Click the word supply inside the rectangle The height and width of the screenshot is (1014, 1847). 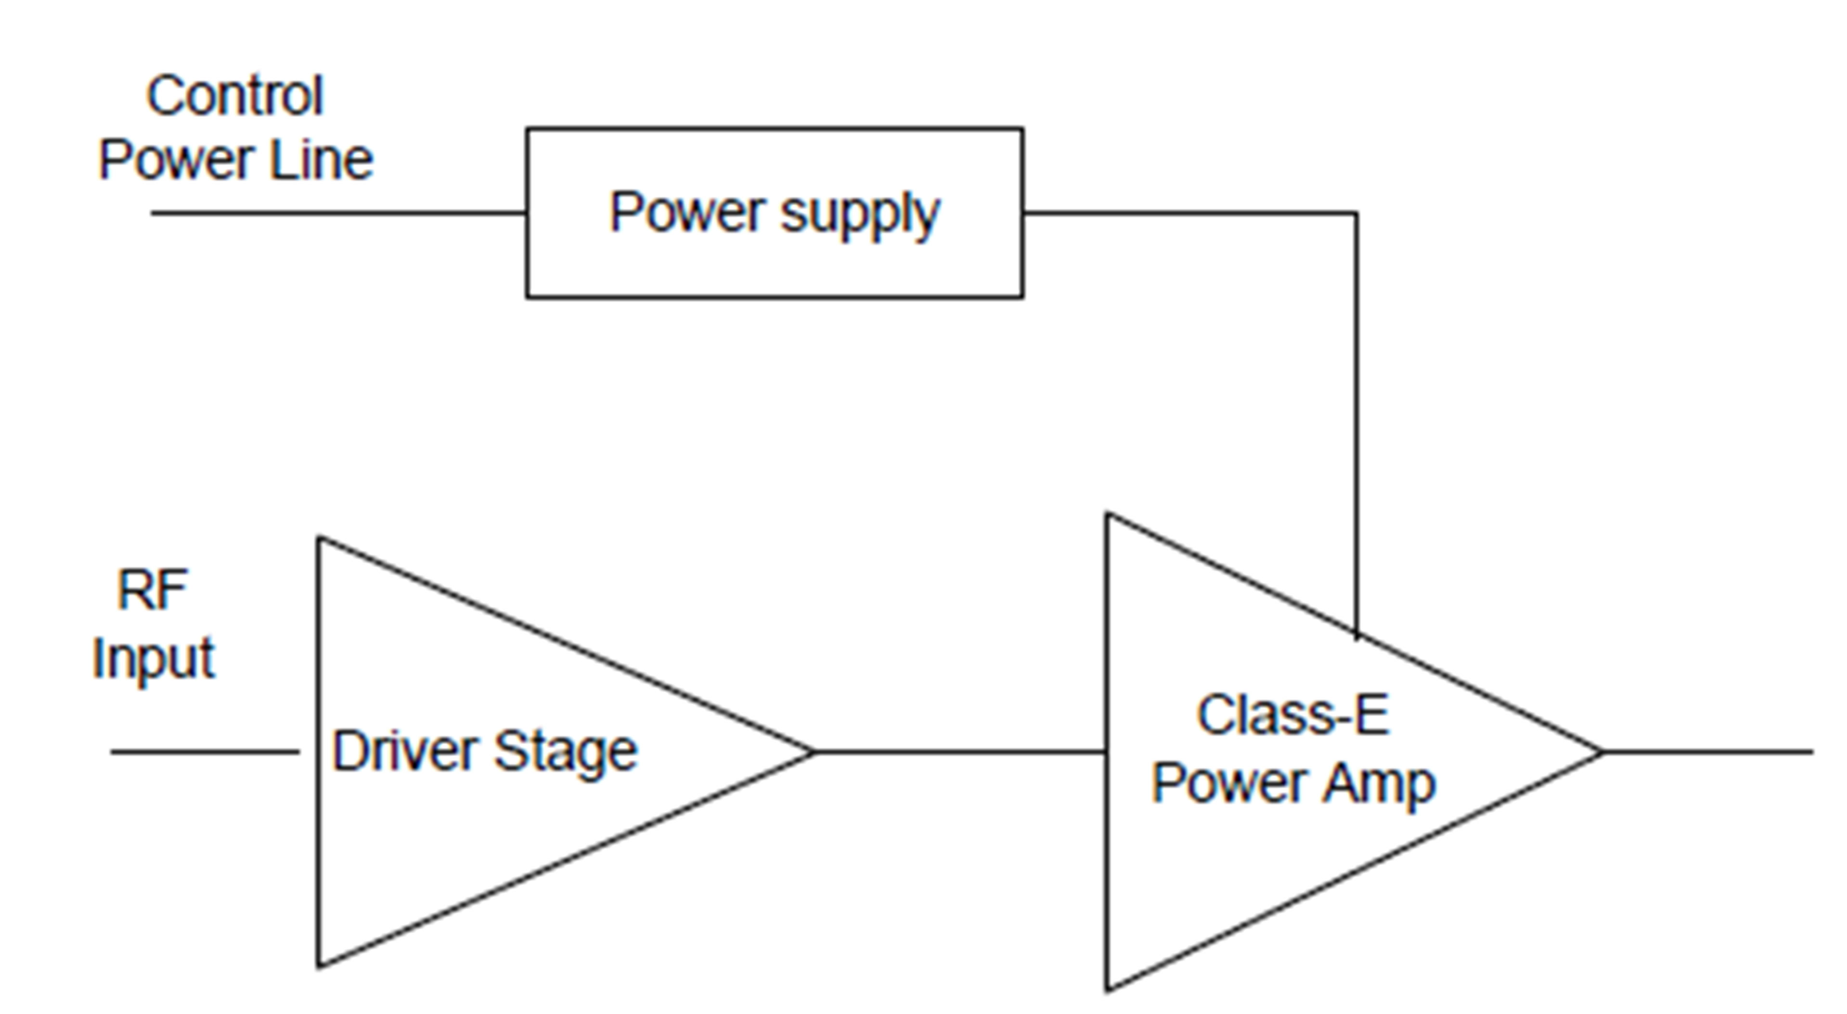[x=860, y=215]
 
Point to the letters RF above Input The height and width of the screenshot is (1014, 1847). [x=152, y=591]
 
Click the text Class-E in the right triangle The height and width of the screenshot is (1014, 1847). [x=1293, y=715]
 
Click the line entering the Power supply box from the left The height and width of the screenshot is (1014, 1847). [x=337, y=213]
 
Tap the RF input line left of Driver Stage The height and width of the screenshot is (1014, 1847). [x=205, y=752]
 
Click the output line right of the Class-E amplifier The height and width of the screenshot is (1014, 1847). [x=1706, y=752]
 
